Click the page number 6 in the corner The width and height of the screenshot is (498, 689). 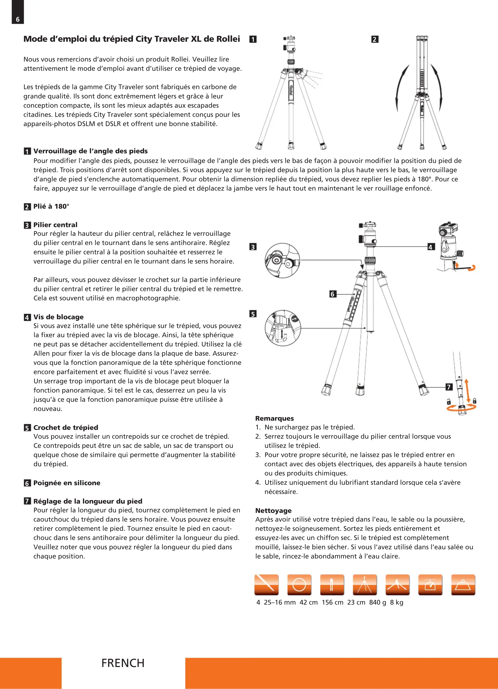[18, 19]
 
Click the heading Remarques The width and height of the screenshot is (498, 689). [274, 418]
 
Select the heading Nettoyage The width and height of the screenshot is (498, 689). [273, 510]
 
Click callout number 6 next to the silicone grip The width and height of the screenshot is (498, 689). [333, 294]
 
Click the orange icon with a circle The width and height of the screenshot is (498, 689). [299, 585]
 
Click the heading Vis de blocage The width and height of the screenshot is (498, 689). [58, 317]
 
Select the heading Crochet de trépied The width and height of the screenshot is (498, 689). [66, 427]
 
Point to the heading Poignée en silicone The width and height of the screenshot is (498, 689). [67, 483]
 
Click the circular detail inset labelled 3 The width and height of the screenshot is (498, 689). [282, 260]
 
